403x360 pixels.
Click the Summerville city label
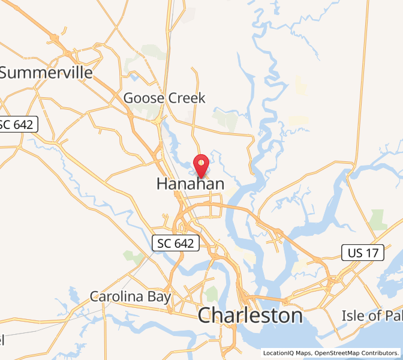click(x=46, y=73)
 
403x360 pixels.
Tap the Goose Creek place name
click(x=164, y=98)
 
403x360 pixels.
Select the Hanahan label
click(x=190, y=184)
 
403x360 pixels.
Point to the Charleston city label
click(x=250, y=315)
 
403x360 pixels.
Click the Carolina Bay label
click(x=131, y=296)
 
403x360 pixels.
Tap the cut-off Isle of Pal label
click(x=372, y=315)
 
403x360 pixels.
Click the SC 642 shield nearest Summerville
click(x=18, y=125)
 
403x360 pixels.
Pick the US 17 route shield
click(x=363, y=253)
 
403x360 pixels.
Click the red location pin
click(x=201, y=163)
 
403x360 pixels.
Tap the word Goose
click(x=143, y=98)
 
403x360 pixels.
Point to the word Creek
click(x=185, y=98)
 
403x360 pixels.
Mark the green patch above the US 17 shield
click(x=378, y=219)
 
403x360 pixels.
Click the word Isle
click(x=354, y=315)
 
